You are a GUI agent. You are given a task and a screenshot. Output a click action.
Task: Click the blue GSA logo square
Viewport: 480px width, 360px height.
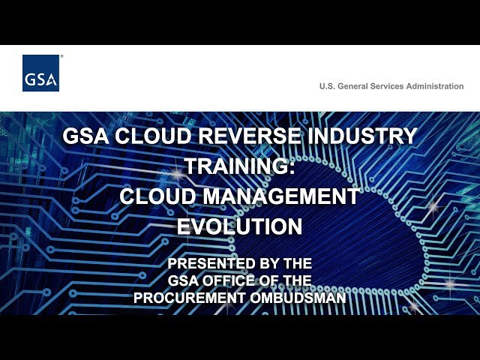(40, 73)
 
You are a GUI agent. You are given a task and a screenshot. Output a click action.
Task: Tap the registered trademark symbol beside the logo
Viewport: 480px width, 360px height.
(61, 56)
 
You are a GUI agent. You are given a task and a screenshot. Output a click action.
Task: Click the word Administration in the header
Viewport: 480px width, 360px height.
(435, 86)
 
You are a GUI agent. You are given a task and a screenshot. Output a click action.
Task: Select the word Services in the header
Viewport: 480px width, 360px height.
(387, 86)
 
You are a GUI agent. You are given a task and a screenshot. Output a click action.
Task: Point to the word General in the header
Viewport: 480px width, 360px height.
(352, 86)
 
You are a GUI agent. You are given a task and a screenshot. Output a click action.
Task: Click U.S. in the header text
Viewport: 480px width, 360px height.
(327, 86)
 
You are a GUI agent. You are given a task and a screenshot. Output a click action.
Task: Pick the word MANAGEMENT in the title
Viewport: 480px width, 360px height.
(281, 196)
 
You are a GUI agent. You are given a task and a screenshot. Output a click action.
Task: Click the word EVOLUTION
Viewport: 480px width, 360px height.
(240, 226)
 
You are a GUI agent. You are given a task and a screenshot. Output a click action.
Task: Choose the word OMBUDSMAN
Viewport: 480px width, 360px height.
(298, 298)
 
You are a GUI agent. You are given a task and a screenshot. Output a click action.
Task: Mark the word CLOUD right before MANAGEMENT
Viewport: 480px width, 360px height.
(158, 196)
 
